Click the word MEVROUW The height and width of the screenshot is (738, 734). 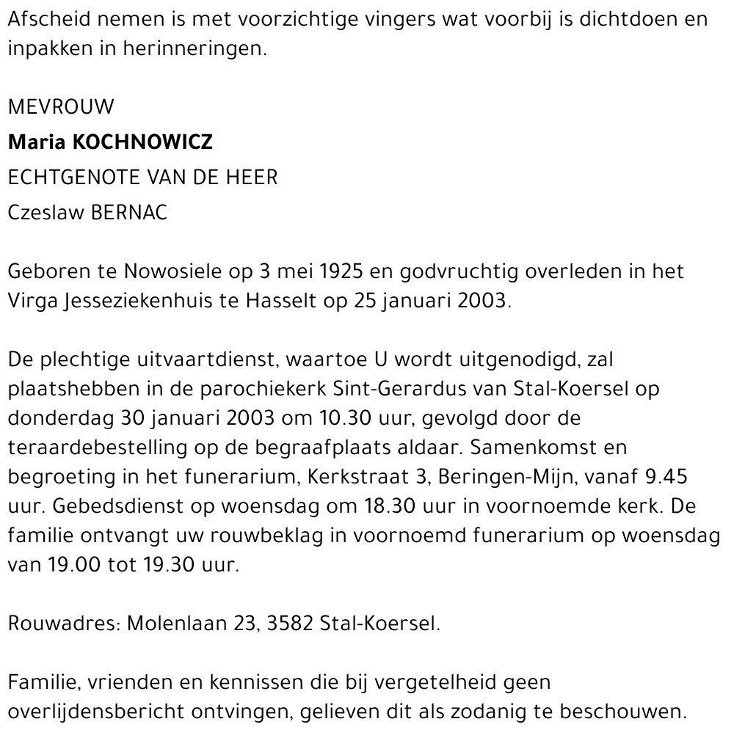(61, 107)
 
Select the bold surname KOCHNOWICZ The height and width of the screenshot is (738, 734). (142, 142)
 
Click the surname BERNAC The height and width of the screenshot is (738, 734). (128, 213)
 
